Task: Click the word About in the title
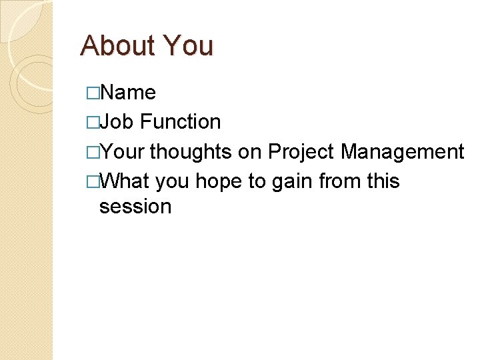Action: (117, 45)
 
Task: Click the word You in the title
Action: (188, 45)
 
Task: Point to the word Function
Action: (181, 122)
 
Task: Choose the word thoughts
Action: (191, 152)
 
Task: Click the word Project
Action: (301, 153)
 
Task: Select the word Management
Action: (403, 152)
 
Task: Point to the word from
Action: (341, 181)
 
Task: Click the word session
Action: (135, 207)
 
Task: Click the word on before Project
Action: (250, 153)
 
